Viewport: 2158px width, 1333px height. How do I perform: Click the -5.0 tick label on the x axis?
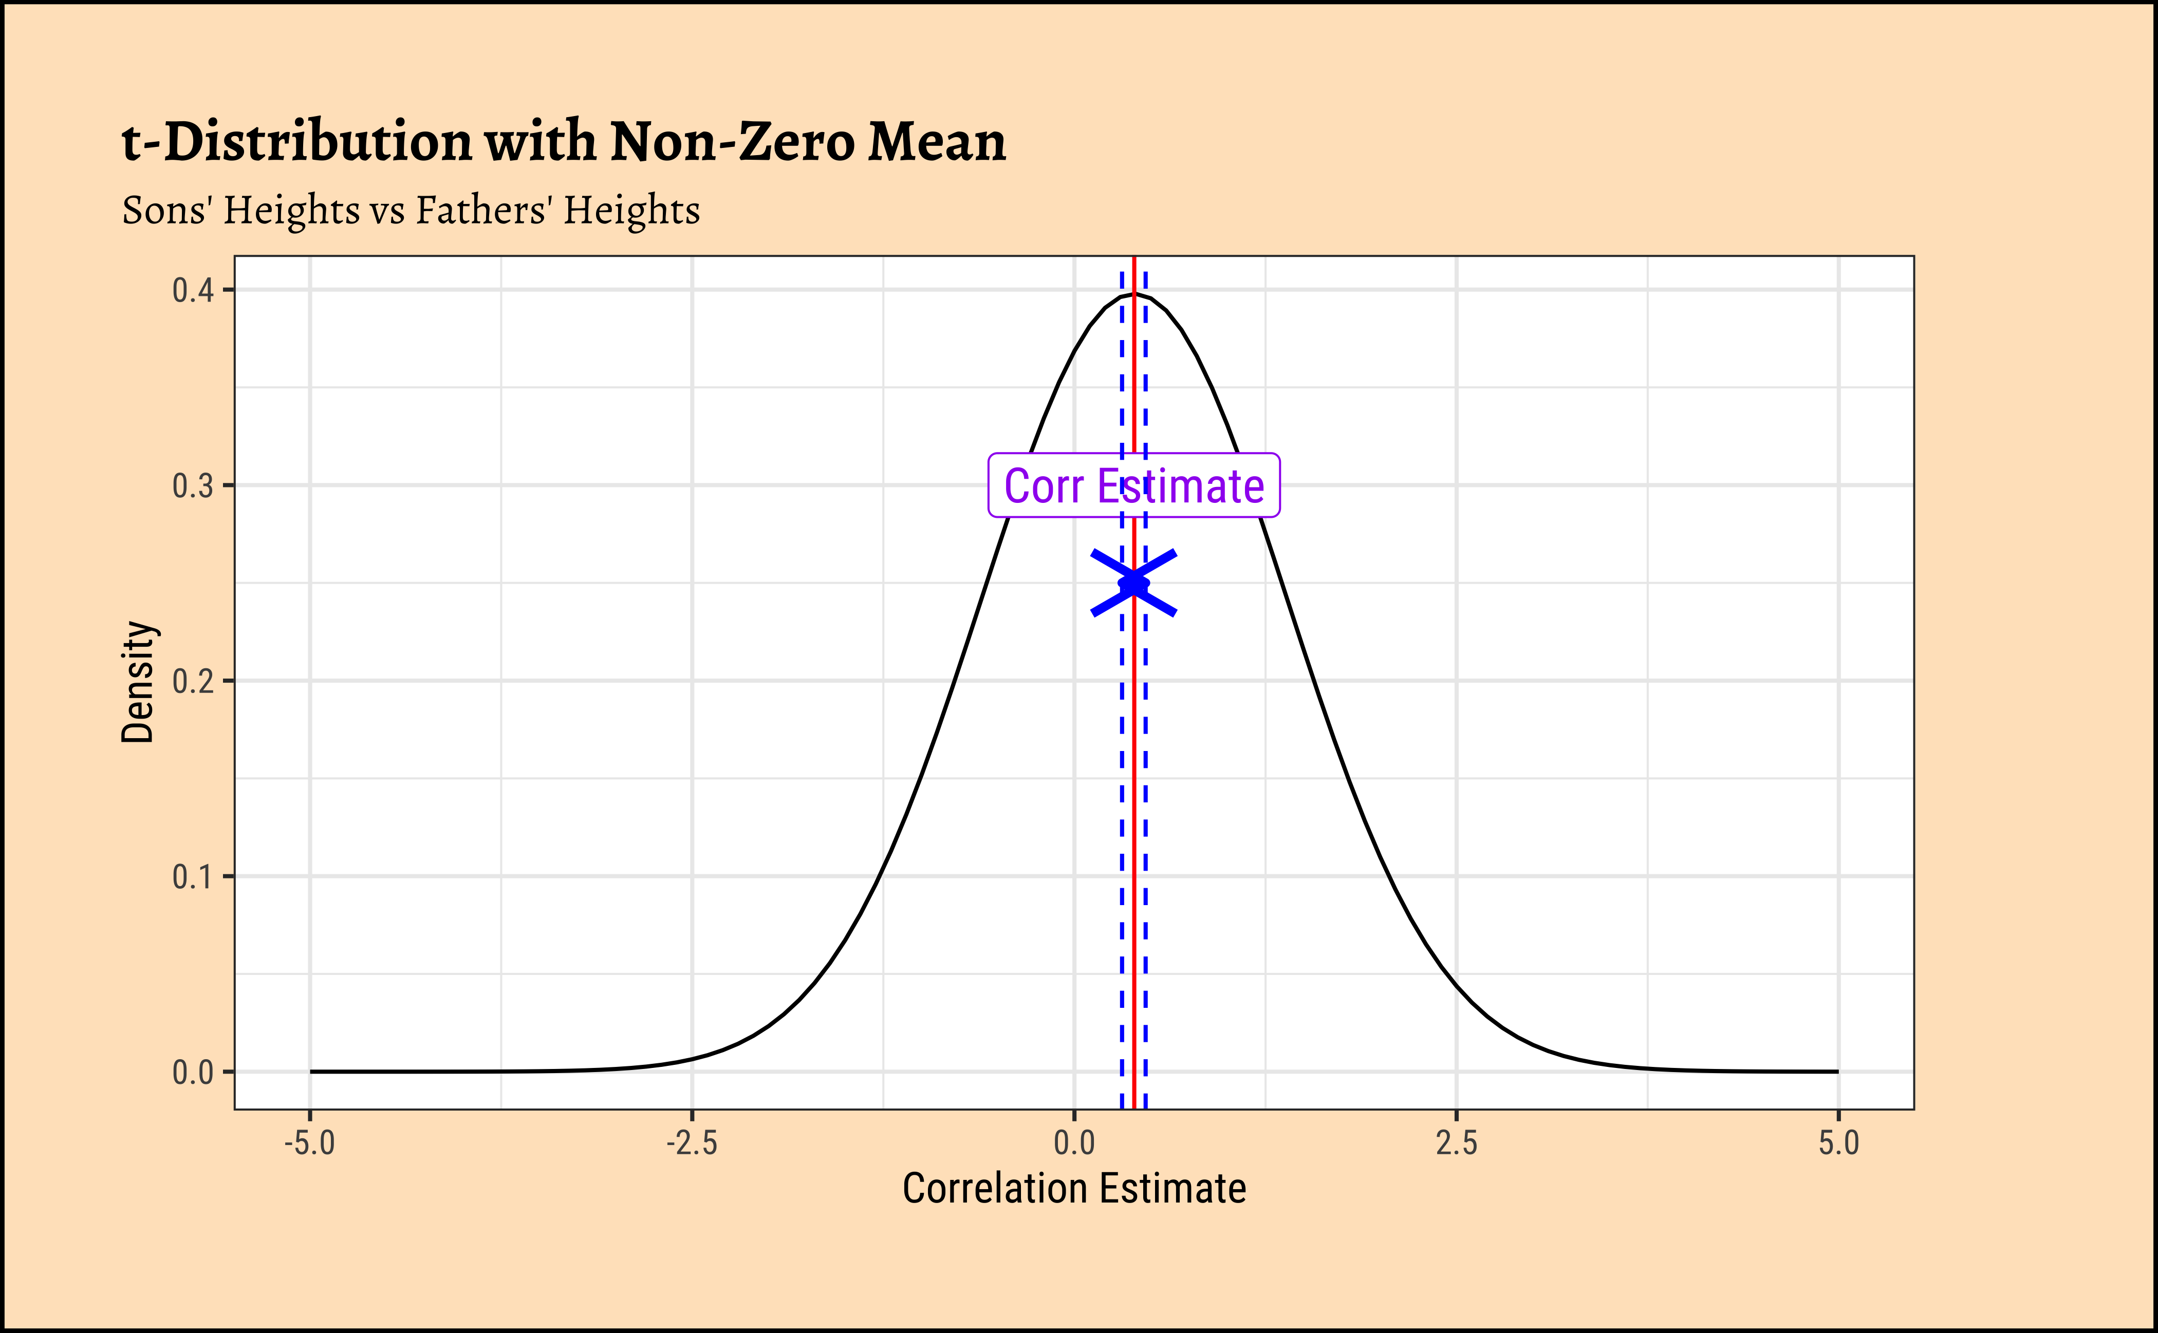coord(309,1143)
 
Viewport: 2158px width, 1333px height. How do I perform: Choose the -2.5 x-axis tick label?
coord(692,1143)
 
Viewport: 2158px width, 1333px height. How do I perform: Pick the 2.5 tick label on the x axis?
coord(1456,1143)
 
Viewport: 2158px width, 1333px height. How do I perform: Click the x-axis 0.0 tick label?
coord(1074,1143)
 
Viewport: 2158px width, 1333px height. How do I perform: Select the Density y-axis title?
coord(138,682)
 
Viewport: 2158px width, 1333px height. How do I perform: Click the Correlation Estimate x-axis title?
coord(1074,1189)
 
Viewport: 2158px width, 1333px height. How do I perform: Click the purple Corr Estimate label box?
coord(1133,485)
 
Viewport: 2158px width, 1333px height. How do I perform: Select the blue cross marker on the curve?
coord(1133,583)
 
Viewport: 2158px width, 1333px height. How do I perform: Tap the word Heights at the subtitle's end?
coord(631,211)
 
